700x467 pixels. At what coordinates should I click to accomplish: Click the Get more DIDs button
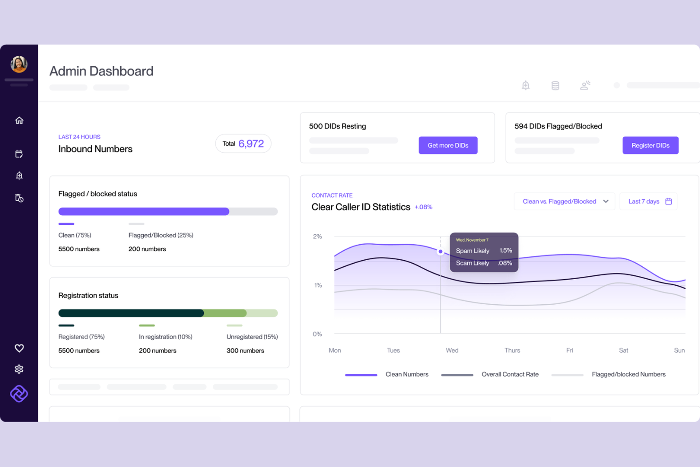pyautogui.click(x=448, y=145)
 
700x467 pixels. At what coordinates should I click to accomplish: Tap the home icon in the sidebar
pyautogui.click(x=19, y=120)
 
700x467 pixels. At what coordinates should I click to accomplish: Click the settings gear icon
pyautogui.click(x=19, y=369)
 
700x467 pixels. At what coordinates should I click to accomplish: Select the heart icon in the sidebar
pyautogui.click(x=19, y=348)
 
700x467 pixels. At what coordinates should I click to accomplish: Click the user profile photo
pyautogui.click(x=19, y=64)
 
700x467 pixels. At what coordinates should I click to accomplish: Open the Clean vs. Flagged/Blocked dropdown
pyautogui.click(x=564, y=201)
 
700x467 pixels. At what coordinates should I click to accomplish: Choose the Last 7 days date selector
pyautogui.click(x=648, y=201)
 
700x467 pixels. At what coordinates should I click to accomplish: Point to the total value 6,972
pyautogui.click(x=251, y=143)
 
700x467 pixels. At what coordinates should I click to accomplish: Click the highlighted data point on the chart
pyautogui.click(x=441, y=251)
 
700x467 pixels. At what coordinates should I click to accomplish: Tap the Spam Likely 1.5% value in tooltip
pyautogui.click(x=506, y=250)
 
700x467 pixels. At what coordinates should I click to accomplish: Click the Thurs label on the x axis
pyautogui.click(x=512, y=350)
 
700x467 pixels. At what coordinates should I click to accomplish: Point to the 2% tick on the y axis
pyautogui.click(x=317, y=236)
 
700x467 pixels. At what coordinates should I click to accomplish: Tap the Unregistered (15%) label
pyautogui.click(x=252, y=337)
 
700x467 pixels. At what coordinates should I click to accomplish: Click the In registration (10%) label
pyautogui.click(x=166, y=337)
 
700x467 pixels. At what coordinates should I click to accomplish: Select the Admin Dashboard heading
pyautogui.click(x=101, y=71)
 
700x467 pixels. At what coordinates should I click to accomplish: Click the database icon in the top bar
pyautogui.click(x=555, y=85)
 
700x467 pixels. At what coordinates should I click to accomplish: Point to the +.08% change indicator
pyautogui.click(x=423, y=207)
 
